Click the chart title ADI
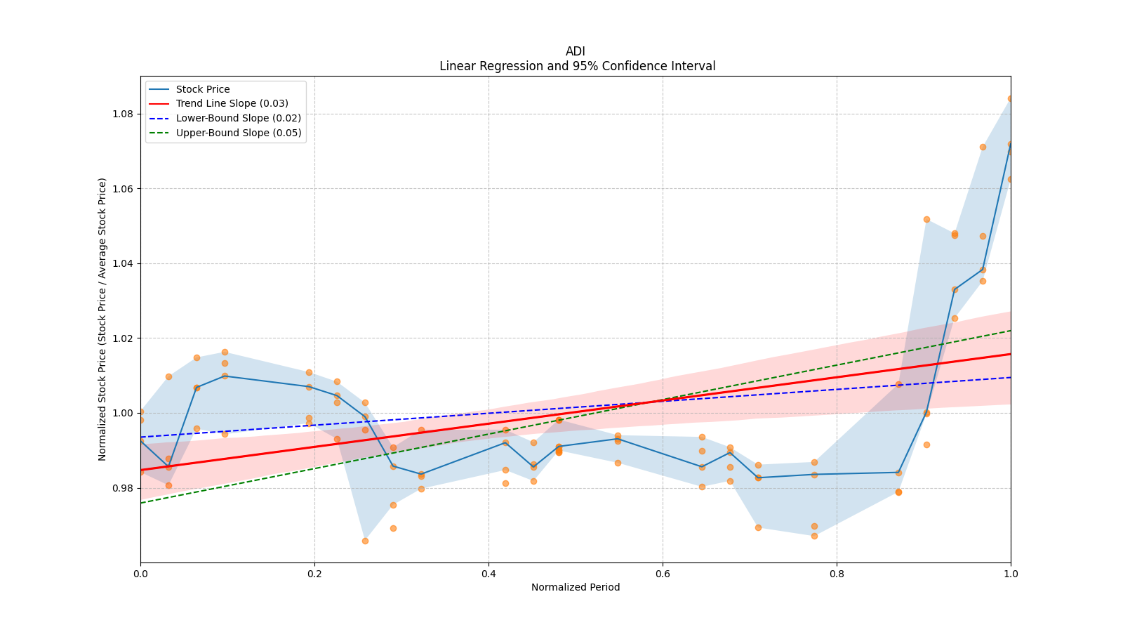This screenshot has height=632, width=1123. [575, 51]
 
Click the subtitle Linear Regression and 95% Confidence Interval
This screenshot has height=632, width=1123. [577, 66]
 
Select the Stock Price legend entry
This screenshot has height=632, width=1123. [203, 89]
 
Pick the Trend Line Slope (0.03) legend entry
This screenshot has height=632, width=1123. [232, 104]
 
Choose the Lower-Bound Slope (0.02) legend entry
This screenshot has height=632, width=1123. [238, 119]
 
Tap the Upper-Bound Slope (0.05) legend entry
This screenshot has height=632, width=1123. [239, 133]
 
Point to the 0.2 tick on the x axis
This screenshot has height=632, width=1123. [314, 574]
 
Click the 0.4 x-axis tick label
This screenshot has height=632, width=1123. [489, 574]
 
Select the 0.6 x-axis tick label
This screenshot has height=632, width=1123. [663, 574]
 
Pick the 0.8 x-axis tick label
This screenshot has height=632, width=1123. [837, 574]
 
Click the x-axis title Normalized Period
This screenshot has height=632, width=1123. [576, 587]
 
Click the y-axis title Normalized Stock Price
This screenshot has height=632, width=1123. [102, 320]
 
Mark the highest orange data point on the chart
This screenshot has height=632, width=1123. [1010, 99]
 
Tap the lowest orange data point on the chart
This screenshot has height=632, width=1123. [365, 541]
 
